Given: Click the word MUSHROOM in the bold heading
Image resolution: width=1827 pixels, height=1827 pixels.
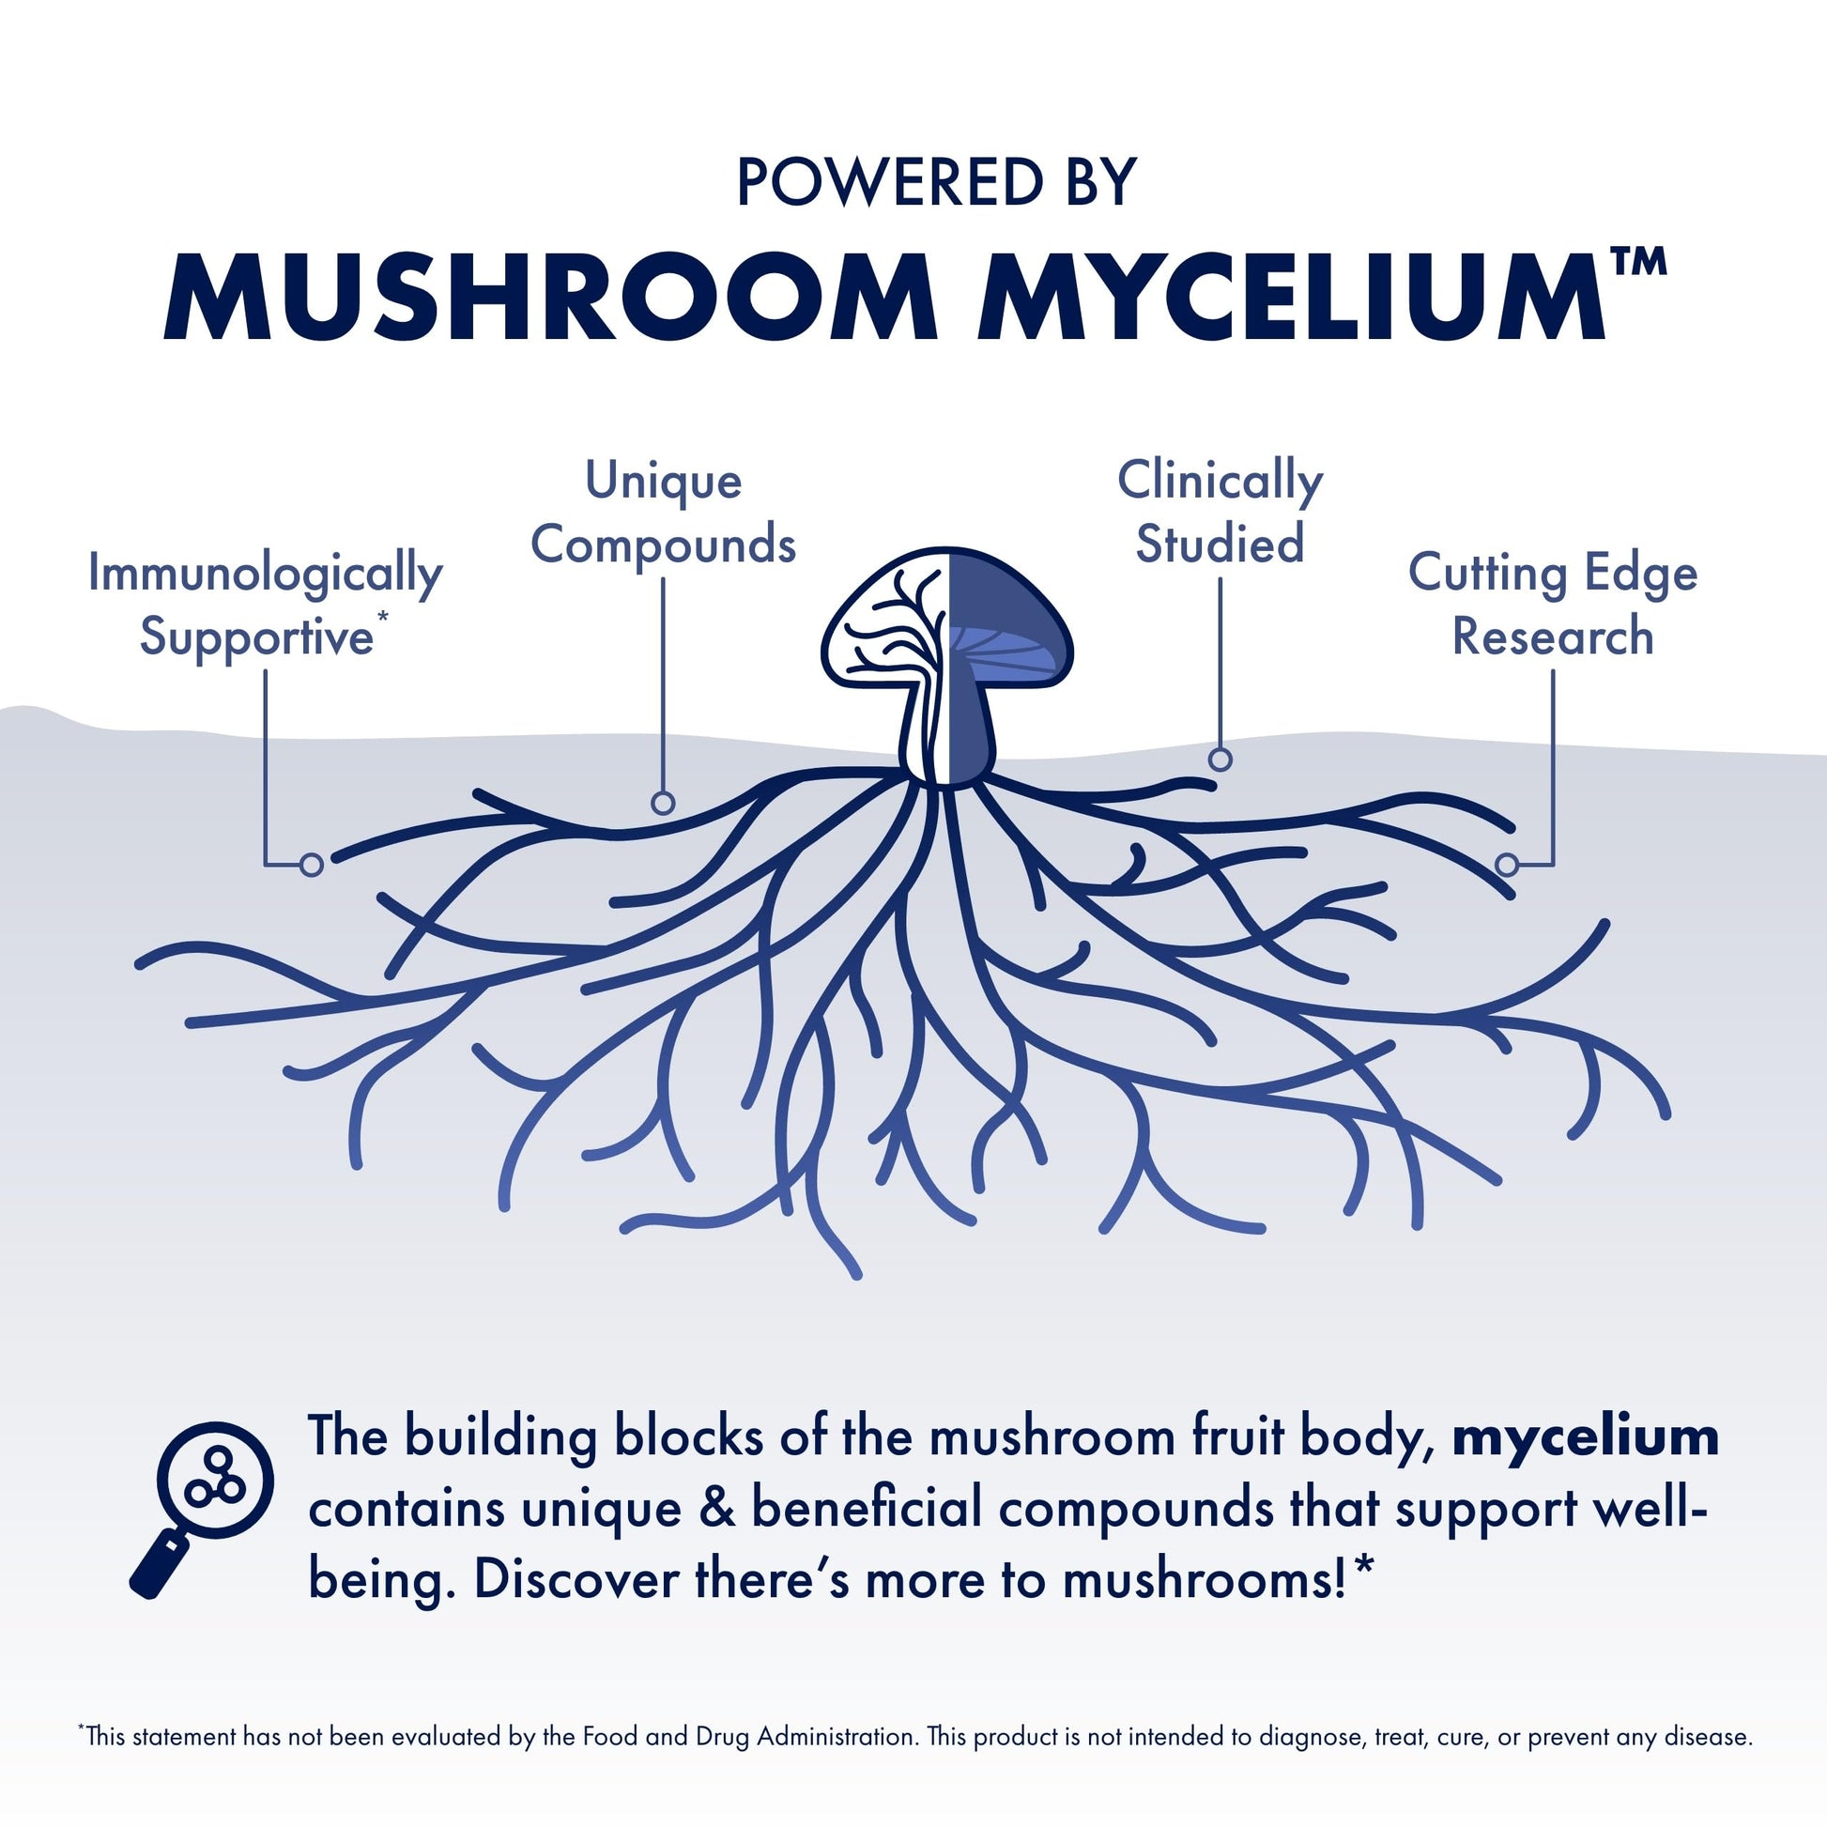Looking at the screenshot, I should pos(549,295).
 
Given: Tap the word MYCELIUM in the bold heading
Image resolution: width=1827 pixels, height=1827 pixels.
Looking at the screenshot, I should pos(1291,295).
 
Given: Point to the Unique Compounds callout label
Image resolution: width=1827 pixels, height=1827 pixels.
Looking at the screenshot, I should pos(663,513).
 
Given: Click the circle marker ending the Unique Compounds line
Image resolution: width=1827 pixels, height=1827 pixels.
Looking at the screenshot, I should pos(663,803).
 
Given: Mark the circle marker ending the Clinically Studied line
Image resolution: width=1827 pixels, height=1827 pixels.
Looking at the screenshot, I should pos(1220,760).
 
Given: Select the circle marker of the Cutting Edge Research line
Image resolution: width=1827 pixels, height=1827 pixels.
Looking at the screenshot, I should pos(1508,865).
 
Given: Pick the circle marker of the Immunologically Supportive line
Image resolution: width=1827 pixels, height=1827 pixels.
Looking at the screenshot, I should pos(311,865).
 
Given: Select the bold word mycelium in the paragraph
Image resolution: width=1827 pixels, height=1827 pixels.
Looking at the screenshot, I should pos(1585,1436).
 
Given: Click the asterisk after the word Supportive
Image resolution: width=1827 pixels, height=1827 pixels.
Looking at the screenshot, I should pos(382,617).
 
